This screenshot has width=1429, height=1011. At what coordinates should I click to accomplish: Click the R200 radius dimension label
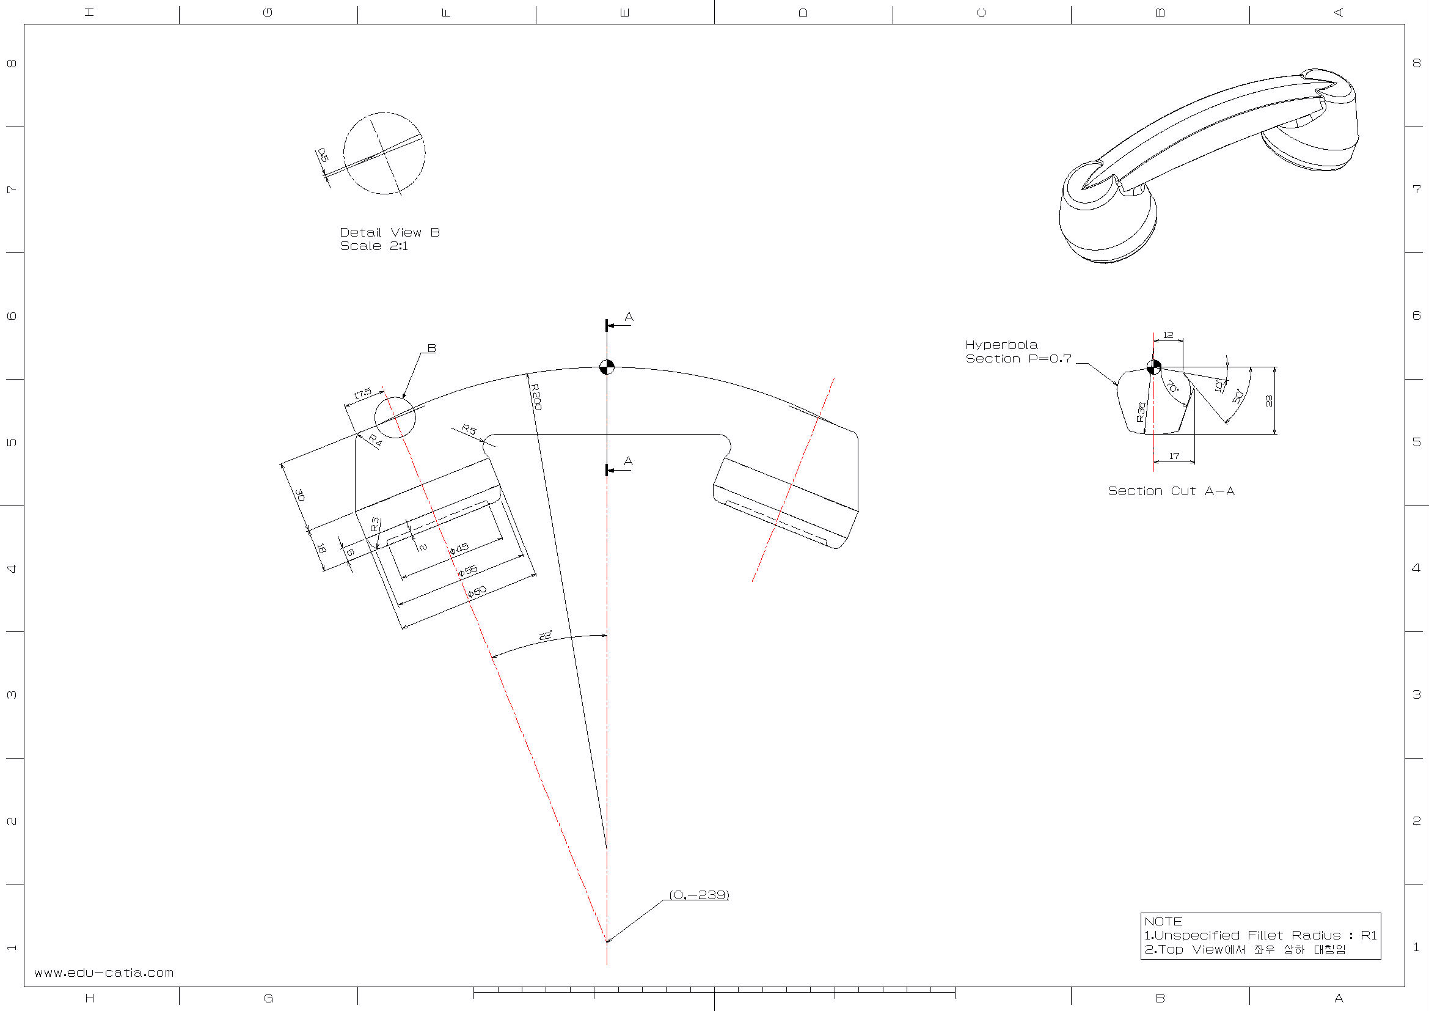click(x=536, y=397)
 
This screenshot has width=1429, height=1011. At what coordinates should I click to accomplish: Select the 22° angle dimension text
click(x=545, y=636)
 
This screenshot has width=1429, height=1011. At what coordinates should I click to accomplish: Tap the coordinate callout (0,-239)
click(x=699, y=895)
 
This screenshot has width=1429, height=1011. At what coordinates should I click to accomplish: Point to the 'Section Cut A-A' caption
click(x=1171, y=491)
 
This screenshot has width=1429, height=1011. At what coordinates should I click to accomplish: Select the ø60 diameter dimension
click(x=477, y=592)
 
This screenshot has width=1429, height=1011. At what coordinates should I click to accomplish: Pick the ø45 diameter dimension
click(x=459, y=548)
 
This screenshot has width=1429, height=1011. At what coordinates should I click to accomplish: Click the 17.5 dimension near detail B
click(x=362, y=393)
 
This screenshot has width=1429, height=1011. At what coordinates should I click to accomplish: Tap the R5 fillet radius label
click(x=469, y=430)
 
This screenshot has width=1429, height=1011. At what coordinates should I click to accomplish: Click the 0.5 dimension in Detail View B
click(x=323, y=155)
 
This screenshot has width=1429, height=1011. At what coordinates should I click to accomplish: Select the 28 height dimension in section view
click(x=1269, y=400)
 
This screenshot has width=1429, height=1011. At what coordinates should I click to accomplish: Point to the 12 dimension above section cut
click(x=1168, y=335)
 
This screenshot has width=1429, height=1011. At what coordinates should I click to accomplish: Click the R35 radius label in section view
click(x=1141, y=412)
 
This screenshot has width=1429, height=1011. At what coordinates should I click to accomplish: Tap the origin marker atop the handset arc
click(x=607, y=367)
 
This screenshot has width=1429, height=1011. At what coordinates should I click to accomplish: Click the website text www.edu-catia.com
click(x=104, y=972)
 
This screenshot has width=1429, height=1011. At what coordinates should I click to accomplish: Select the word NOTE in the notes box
click(x=1163, y=921)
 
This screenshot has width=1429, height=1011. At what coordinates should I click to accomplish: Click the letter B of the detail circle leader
click(x=431, y=348)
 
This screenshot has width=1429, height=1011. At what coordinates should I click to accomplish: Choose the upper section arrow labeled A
click(x=629, y=317)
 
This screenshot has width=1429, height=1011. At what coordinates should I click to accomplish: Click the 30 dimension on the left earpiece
click(x=301, y=495)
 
